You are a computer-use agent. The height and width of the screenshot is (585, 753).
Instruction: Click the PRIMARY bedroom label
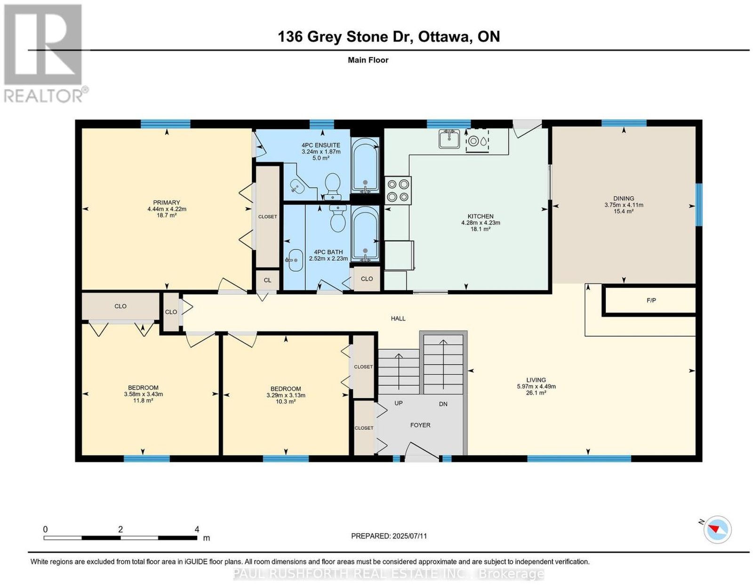point(167,202)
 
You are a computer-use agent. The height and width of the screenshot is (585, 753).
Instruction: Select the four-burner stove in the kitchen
point(398,191)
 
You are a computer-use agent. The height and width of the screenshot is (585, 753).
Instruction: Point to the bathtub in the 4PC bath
point(365,234)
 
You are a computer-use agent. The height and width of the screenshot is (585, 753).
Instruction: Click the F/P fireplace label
point(651,301)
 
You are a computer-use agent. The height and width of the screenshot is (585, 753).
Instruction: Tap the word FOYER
point(420,425)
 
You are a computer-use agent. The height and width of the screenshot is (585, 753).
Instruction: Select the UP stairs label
point(399,403)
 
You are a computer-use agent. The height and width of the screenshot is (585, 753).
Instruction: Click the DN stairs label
point(443,404)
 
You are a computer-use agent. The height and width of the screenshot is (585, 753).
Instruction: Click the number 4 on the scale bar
point(197,529)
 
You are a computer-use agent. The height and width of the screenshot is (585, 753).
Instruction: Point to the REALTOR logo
point(45,54)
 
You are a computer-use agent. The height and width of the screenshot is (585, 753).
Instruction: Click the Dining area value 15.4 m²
point(624,211)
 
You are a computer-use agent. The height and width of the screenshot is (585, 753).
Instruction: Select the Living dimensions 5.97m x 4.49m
point(536,386)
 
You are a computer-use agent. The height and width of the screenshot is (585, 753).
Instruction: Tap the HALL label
point(398,318)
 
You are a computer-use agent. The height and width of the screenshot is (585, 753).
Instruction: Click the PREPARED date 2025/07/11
point(409,536)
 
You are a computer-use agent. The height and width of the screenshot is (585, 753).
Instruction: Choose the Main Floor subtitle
point(368,60)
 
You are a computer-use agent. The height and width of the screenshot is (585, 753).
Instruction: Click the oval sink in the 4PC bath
point(295,260)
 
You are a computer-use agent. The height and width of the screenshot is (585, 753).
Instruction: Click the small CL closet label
point(267,280)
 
